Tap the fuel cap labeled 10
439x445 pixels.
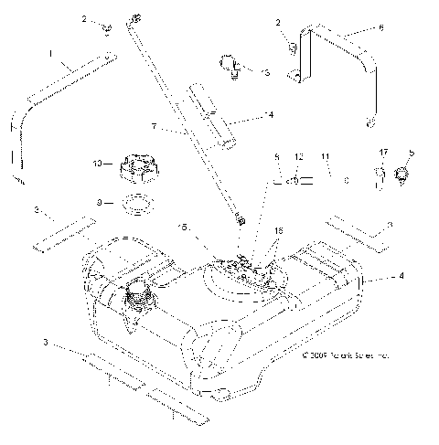(138, 169)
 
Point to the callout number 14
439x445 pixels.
(243, 115)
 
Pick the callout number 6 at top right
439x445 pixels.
(380, 28)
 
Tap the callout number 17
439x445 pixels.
(382, 153)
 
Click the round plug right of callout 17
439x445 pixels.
(402, 174)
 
